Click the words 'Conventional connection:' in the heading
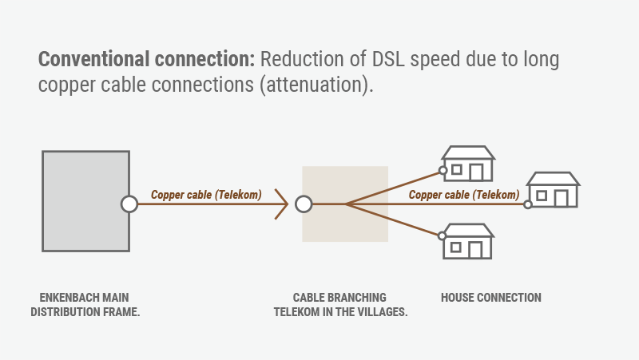coord(146,60)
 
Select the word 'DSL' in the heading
coord(382,60)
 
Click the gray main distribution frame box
coord(85,201)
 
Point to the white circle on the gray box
coord(129,204)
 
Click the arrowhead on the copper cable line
coord(284,204)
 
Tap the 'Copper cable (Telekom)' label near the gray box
coord(207,194)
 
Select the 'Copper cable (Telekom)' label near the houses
coord(464,194)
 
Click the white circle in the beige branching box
coord(304,204)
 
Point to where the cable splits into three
coord(345,204)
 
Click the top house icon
coord(468,164)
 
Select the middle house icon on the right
coord(553,191)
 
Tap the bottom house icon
coord(468,242)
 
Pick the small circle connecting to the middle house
coord(527,204)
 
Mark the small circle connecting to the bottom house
coord(442,235)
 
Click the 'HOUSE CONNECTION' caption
coord(490,298)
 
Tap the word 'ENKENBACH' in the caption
coord(63,298)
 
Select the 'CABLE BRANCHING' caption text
coord(339,298)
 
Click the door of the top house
coord(476,172)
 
